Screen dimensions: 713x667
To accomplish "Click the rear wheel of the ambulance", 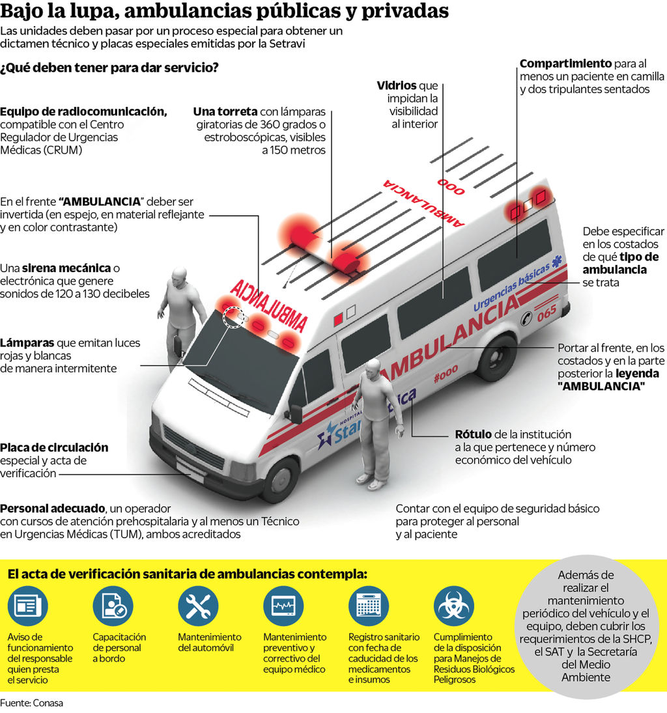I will click(x=496, y=358).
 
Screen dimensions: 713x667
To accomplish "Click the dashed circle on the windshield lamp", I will click(x=233, y=317).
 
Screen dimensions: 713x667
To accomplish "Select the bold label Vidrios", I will click(x=397, y=86).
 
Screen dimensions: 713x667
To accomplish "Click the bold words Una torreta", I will click(x=225, y=111).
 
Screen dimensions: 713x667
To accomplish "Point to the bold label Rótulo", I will click(x=474, y=434).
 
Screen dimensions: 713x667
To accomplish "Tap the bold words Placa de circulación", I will click(x=54, y=448).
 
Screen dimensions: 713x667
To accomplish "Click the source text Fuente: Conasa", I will click(x=32, y=703).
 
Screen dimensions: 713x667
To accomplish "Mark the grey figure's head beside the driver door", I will click(x=178, y=277).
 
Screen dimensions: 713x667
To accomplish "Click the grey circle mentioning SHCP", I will click(x=587, y=626).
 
